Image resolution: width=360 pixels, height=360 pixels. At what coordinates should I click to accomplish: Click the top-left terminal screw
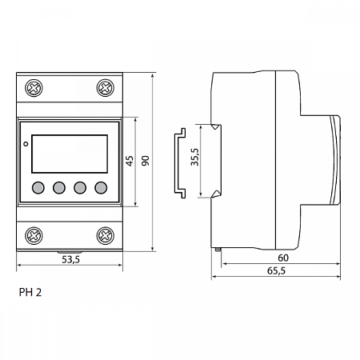tap(34, 86)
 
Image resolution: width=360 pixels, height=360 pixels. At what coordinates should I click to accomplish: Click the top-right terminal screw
tap(105, 86)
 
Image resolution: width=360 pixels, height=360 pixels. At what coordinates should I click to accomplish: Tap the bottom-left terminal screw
tap(34, 234)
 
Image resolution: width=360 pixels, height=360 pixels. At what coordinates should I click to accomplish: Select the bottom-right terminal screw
tap(105, 234)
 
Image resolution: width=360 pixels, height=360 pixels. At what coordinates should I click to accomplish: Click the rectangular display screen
tap(70, 154)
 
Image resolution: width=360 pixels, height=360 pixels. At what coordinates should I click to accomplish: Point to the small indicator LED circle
tap(26, 145)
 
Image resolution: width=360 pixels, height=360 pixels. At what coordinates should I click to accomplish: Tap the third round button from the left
tap(80, 189)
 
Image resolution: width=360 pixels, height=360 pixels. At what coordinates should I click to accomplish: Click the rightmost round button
tap(101, 189)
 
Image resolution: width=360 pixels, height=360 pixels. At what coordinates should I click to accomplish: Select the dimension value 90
tap(145, 161)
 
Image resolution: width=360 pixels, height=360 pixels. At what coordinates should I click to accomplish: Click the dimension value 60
tap(283, 258)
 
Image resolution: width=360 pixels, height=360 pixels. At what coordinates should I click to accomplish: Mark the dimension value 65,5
tap(278, 272)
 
